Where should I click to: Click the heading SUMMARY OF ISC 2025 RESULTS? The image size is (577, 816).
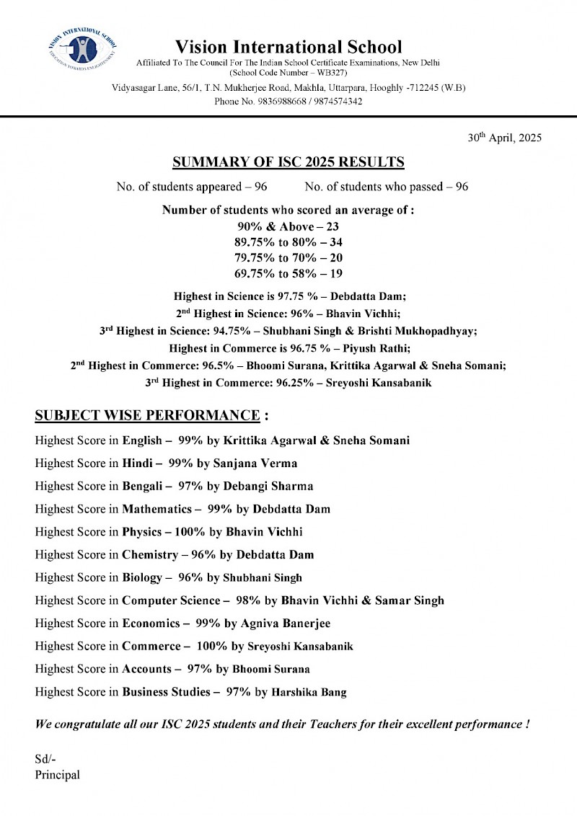click(x=288, y=161)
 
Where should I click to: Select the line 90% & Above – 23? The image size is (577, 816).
click(x=288, y=226)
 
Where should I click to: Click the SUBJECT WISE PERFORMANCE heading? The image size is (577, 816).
click(x=147, y=416)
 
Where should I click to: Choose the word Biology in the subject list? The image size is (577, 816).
click(x=143, y=577)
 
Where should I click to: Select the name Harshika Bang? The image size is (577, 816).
click(x=309, y=693)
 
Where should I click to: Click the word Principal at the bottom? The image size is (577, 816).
click(x=57, y=775)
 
